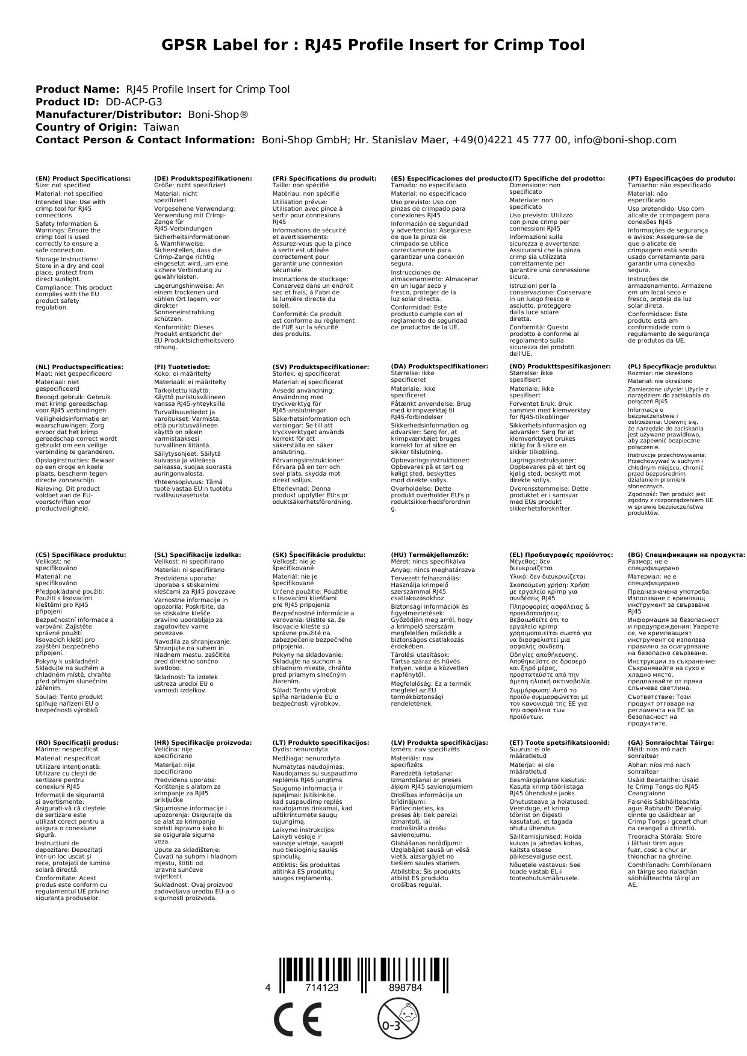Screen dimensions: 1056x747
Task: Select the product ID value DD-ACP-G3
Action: tap(134, 102)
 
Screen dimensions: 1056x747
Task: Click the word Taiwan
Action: tap(161, 127)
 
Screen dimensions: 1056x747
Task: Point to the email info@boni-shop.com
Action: tap(625, 140)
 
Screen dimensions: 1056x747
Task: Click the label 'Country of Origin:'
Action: tap(87, 127)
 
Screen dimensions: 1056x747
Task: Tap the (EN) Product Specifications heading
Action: tap(83, 179)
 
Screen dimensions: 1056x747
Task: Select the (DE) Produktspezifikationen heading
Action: tap(203, 179)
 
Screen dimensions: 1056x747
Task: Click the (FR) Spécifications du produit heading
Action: tap(324, 179)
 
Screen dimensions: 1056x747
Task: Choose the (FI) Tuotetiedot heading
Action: tap(182, 367)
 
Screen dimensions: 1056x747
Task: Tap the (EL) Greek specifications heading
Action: tap(561, 555)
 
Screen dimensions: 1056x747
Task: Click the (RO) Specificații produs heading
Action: tap(77, 743)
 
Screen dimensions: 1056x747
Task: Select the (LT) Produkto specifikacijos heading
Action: tap(320, 743)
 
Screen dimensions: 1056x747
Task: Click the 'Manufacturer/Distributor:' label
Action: tap(108, 114)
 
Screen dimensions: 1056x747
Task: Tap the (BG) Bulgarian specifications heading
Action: tap(686, 555)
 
